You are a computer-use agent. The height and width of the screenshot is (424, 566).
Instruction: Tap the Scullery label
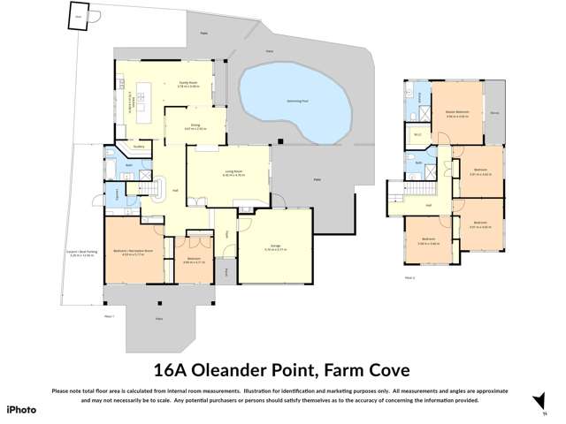[x=139, y=147]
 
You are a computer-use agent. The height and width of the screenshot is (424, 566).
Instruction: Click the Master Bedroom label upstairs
[x=456, y=113]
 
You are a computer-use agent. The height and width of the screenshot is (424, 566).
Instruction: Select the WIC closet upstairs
[x=417, y=135]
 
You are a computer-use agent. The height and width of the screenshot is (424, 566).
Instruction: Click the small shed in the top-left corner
[x=79, y=16]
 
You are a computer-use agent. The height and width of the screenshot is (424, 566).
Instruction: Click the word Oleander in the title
[x=250, y=369]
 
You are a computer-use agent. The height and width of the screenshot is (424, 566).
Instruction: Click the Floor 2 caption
[x=409, y=277]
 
